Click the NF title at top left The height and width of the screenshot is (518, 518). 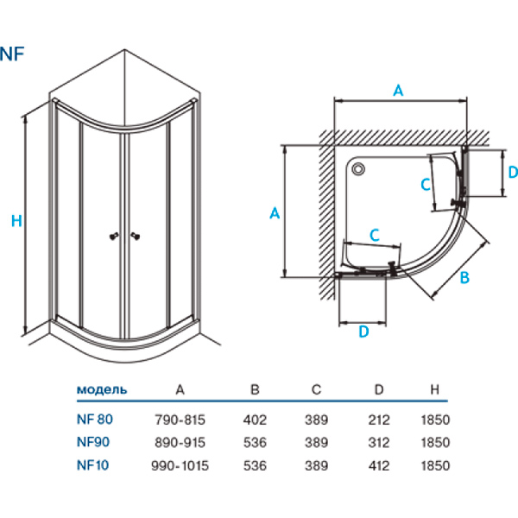[13, 53]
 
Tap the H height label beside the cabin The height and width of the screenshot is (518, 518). [16, 221]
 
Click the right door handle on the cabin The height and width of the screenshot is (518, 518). [135, 235]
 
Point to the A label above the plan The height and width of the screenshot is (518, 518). [398, 90]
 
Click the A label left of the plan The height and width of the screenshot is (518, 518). [274, 213]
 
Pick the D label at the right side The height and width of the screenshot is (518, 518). [511, 172]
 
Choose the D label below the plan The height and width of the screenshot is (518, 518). [363, 331]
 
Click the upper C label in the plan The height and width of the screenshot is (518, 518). [425, 184]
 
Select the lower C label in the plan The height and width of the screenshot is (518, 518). [375, 234]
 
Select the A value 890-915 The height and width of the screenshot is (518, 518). [180, 443]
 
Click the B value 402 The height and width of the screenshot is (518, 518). [256, 420]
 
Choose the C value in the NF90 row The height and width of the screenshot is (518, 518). [317, 443]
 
